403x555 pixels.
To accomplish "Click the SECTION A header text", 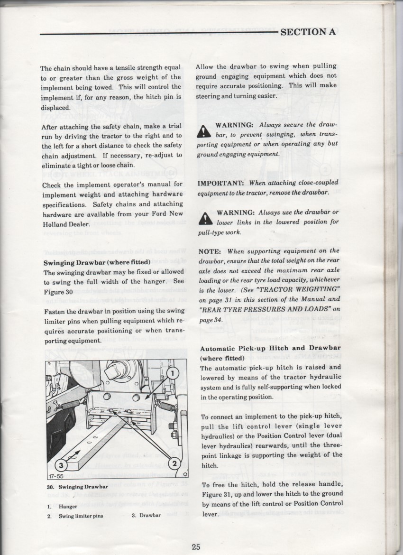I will (x=308, y=32).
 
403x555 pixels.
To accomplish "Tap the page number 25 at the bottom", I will (x=196, y=546).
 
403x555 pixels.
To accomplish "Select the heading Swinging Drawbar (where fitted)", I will (x=97, y=262).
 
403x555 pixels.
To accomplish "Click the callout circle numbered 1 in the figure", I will (x=173, y=374).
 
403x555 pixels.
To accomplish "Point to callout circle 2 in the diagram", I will (x=174, y=463).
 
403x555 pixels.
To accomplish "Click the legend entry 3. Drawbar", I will (x=147, y=515).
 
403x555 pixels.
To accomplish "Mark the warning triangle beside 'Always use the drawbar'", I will (x=205, y=217).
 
